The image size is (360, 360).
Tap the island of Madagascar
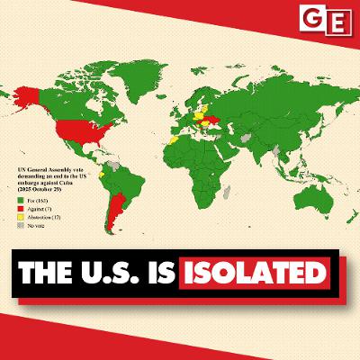228,192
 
